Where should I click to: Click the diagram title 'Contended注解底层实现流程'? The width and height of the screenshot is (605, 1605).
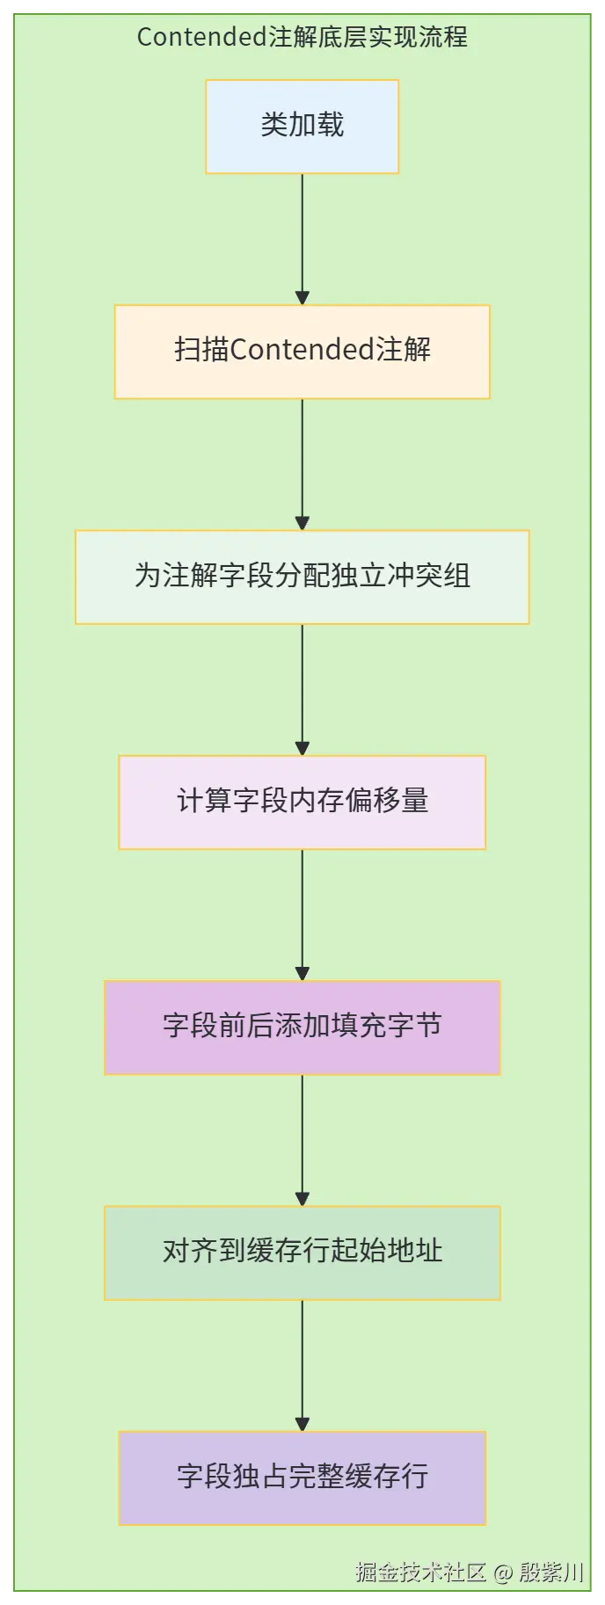coord(302,37)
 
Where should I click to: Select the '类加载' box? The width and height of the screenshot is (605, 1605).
coord(302,126)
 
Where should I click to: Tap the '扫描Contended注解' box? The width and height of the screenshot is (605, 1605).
coord(302,351)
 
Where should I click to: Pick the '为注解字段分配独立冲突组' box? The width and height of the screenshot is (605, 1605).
coord(302,576)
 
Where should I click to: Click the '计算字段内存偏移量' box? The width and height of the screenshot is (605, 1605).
coord(302,801)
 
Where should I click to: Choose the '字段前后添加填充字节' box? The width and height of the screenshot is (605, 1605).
coord(302,1026)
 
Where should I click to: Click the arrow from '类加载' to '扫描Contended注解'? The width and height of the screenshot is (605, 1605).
coord(302,237)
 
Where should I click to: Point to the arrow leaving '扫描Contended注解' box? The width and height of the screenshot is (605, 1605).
coord(302,462)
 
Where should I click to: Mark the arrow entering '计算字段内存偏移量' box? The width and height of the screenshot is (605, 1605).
coord(302,687)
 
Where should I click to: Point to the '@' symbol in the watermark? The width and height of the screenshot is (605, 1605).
coord(502,1572)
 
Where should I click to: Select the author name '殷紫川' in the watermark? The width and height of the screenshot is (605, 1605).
coord(551,1572)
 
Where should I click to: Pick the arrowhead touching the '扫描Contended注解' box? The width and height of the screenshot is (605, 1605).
coord(302,299)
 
